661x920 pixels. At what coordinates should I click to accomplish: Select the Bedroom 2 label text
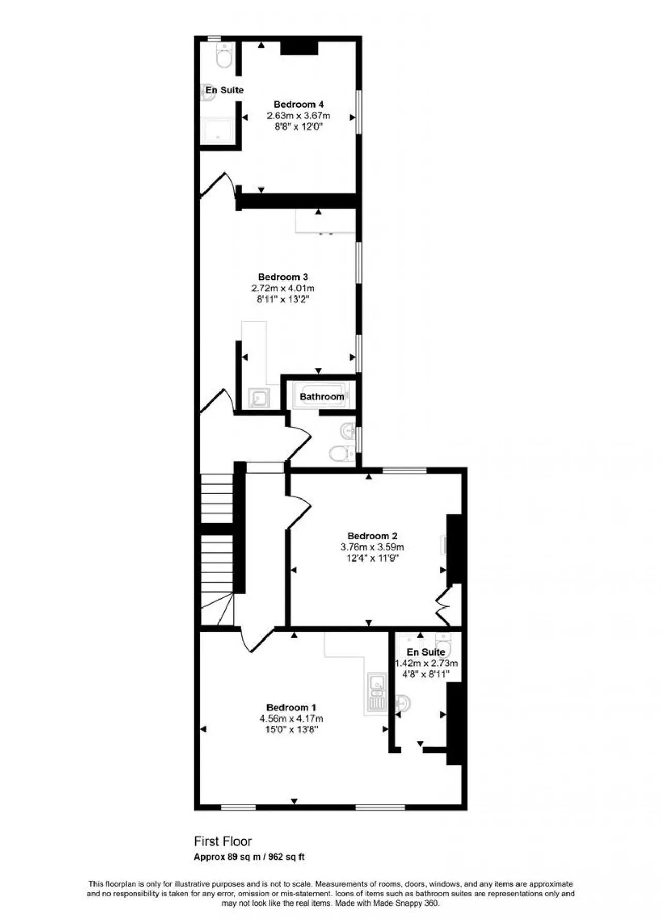(372, 536)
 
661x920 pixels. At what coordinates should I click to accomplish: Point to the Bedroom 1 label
(291, 707)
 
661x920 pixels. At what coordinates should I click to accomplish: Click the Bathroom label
(322, 396)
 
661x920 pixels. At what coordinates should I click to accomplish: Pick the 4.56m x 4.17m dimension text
(291, 719)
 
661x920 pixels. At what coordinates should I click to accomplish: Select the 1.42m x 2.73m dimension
(426, 663)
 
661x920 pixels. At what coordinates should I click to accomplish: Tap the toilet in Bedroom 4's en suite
(225, 55)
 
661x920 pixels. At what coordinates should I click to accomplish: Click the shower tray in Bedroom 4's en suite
(218, 131)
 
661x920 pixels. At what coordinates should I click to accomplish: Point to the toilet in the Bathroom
(342, 454)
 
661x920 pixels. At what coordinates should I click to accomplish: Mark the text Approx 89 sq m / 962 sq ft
(249, 856)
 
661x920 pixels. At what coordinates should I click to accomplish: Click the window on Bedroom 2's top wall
(404, 470)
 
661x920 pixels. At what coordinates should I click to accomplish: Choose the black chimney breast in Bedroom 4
(299, 48)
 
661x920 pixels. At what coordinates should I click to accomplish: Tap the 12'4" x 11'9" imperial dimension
(372, 558)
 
